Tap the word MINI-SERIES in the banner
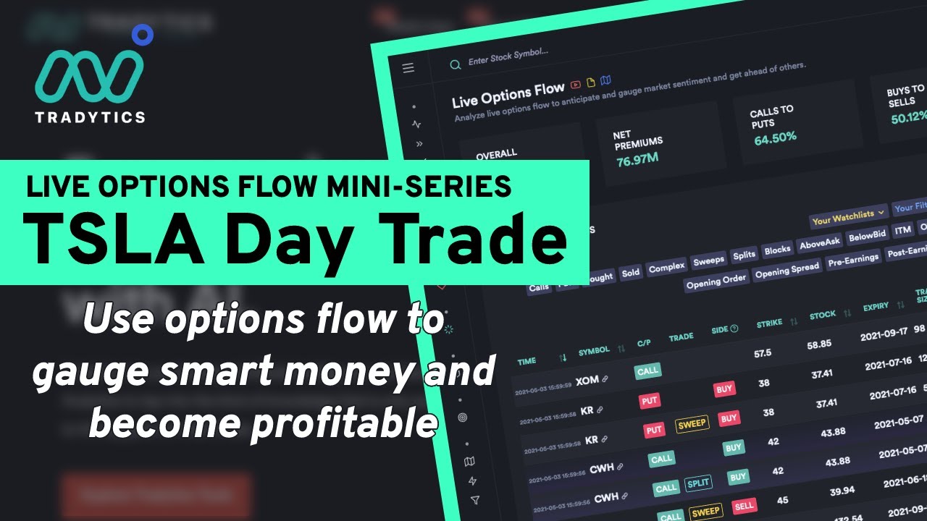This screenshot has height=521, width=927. [419, 187]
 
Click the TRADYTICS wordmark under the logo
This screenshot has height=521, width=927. [90, 117]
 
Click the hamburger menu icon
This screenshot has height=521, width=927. [408, 68]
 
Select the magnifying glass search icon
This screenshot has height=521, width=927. [455, 64]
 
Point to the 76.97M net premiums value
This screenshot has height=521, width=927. [637, 159]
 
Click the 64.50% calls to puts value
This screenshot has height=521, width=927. [775, 137]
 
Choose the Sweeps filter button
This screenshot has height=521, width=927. [708, 260]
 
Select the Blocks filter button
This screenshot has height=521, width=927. [777, 250]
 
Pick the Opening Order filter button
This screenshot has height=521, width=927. [716, 280]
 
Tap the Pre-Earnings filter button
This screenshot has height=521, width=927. [853, 258]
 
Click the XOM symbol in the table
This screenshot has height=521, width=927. [587, 380]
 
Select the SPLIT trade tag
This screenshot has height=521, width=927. [698, 483]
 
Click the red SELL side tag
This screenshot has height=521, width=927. [744, 507]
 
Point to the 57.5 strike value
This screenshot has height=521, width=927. [763, 353]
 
